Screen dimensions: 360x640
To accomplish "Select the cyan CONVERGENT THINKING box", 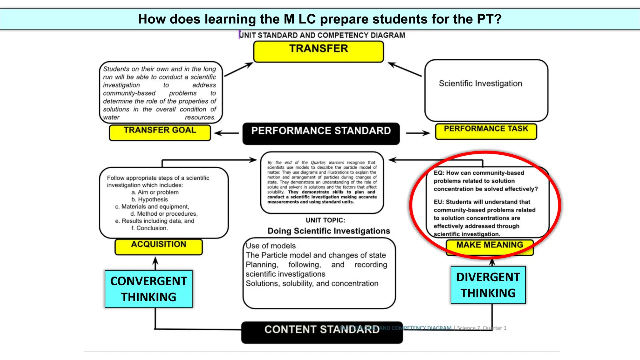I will coord(149,289).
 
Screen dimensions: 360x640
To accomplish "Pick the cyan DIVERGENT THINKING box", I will coord(488,285).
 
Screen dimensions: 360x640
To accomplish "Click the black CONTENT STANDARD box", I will coord(322,332).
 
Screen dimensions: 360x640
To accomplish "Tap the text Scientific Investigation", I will coord(480,83).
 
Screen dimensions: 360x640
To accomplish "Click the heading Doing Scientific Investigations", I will coord(329,231).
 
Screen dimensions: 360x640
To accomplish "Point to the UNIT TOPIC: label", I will coord(325,220).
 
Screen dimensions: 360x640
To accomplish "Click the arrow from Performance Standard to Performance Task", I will coord(418,133).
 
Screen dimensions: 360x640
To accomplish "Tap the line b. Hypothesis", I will coord(149,199).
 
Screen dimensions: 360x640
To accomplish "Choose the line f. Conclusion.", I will coord(149,228).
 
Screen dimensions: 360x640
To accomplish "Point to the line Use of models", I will coord(271,246).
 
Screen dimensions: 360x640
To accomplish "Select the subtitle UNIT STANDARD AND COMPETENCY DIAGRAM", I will coord(322,35).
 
